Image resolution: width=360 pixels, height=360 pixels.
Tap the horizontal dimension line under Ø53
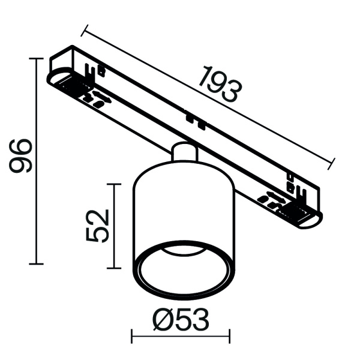click(x=180, y=337)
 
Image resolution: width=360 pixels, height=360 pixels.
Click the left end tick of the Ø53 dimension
click(x=131, y=337)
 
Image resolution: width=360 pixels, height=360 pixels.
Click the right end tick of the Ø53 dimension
click(x=229, y=337)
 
